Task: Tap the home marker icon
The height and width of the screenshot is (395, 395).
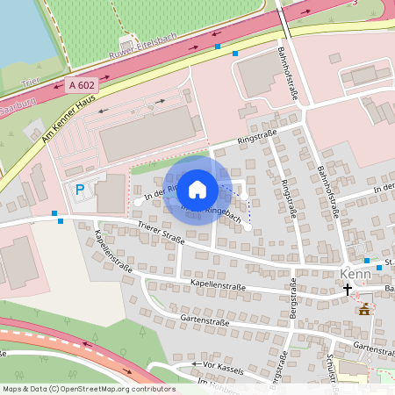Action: click(197, 189)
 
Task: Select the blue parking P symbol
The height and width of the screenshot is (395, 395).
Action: click(80, 190)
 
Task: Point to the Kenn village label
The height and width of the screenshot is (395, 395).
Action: click(355, 273)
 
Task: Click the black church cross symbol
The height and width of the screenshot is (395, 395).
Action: click(348, 288)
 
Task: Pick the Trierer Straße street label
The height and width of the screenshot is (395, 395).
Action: click(161, 233)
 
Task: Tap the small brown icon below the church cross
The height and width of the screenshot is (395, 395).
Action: click(363, 308)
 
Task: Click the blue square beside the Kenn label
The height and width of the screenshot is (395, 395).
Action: click(379, 267)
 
